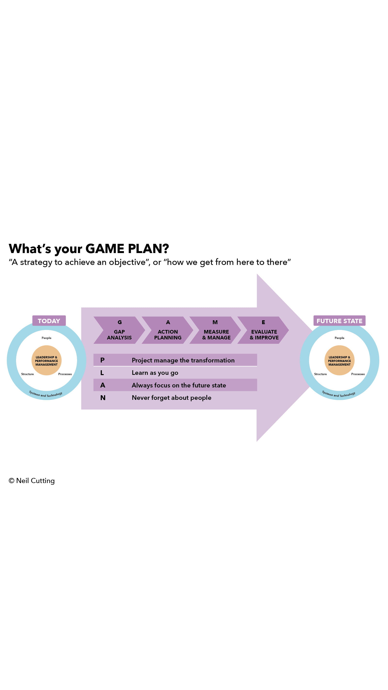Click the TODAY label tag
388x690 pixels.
click(49, 321)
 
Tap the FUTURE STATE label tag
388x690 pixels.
click(339, 321)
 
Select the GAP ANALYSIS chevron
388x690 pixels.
click(119, 330)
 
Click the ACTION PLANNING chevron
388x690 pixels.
click(168, 330)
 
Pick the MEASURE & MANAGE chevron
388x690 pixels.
click(216, 330)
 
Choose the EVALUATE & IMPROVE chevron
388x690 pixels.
click(264, 330)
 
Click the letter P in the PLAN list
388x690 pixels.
click(102, 360)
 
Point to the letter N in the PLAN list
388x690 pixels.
click(103, 397)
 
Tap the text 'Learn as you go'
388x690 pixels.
click(155, 373)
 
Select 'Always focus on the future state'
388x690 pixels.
click(179, 385)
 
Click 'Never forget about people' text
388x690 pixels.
click(171, 397)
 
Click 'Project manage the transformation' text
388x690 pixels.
click(183, 360)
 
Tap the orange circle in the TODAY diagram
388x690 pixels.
click(46, 360)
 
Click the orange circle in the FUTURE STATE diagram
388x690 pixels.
click(339, 360)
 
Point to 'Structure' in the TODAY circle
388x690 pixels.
click(27, 374)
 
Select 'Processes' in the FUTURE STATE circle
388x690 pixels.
click(358, 374)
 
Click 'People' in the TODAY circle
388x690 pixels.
click(46, 338)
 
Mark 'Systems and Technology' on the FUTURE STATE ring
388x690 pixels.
click(339, 394)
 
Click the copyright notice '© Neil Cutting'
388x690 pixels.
click(32, 481)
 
